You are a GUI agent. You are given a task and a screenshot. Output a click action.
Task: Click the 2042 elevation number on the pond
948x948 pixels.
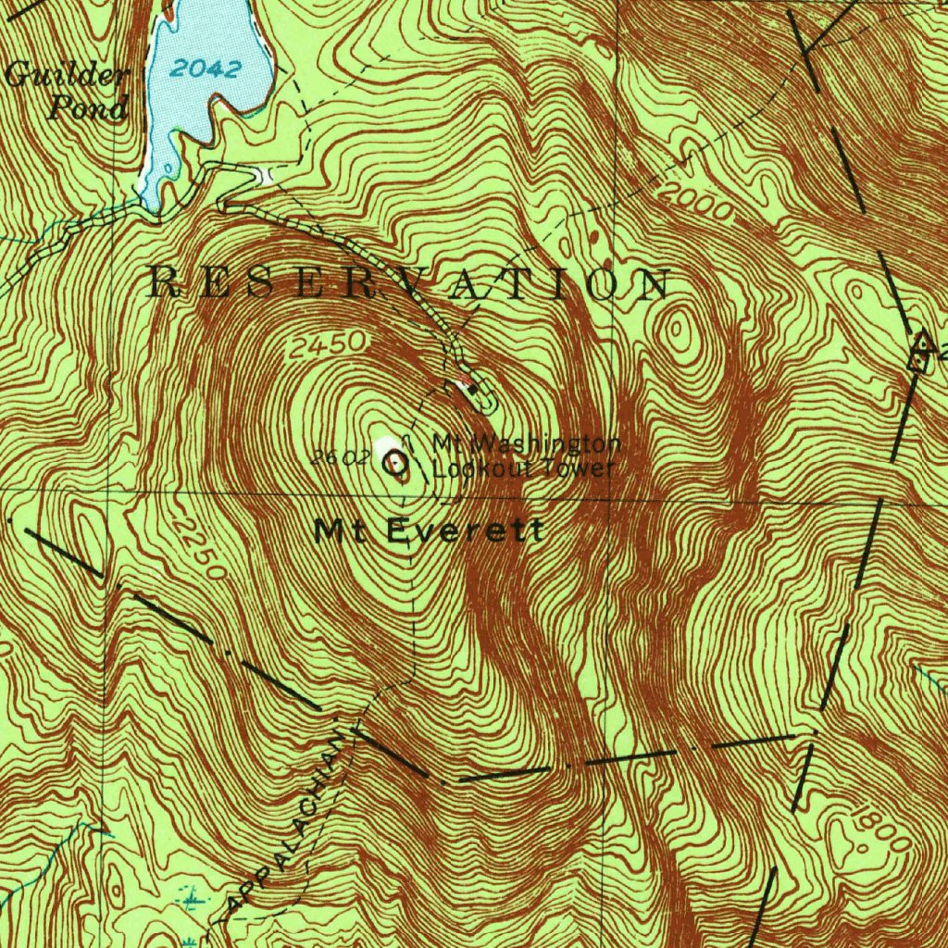pyautogui.click(x=206, y=69)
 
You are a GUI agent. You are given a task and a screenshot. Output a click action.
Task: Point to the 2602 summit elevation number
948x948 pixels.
pyautogui.click(x=335, y=456)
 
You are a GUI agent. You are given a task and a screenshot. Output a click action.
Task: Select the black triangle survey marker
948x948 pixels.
pyautogui.click(x=920, y=344)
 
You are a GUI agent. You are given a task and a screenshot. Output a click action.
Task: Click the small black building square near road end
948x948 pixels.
pyautogui.click(x=475, y=391)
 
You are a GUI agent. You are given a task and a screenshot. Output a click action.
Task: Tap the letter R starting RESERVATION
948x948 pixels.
pyautogui.click(x=164, y=283)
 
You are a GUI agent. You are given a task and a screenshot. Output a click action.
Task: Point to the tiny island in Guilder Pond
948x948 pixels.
pyautogui.click(x=168, y=169)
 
